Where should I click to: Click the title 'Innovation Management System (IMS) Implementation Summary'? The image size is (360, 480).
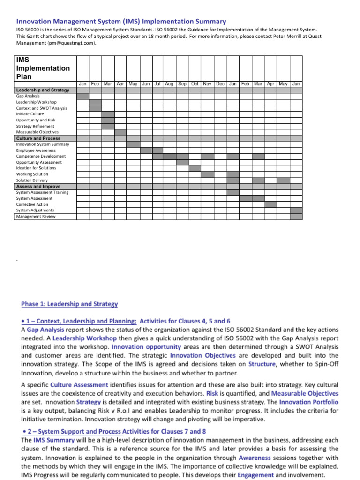click(121, 22)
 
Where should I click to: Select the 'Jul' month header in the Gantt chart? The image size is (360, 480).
click(157, 84)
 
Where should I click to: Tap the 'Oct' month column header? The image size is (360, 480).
click(195, 84)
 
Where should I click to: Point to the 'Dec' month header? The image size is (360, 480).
click(220, 84)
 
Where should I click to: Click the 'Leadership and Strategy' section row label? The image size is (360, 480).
click(43, 90)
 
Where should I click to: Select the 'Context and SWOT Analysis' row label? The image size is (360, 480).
click(42, 108)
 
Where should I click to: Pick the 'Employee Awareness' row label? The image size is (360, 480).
click(36, 150)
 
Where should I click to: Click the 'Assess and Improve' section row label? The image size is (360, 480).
click(38, 186)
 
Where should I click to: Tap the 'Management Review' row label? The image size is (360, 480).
click(36, 217)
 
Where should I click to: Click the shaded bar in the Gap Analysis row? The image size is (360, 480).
click(83, 96)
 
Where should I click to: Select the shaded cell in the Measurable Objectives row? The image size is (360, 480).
click(120, 132)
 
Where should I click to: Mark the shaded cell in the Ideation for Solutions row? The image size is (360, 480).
click(195, 168)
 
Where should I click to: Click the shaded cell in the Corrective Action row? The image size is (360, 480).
click(271, 204)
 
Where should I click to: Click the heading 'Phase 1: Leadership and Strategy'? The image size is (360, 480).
click(69, 304)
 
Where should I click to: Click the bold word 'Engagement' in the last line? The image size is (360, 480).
click(255, 475)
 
